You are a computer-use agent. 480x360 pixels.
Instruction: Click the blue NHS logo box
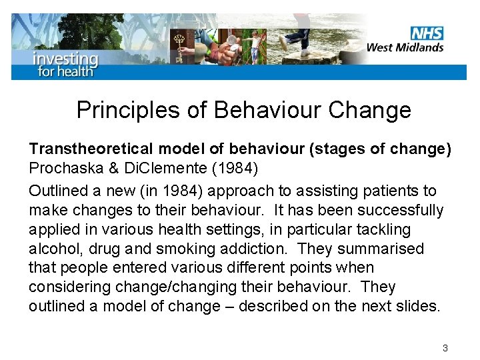pyautogui.click(x=427, y=33)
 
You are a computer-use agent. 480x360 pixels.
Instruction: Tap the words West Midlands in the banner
pyautogui.click(x=405, y=47)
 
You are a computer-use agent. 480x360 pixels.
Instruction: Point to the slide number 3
pyautogui.click(x=445, y=348)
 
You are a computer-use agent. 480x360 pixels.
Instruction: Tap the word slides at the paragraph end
pyautogui.click(x=421, y=306)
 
